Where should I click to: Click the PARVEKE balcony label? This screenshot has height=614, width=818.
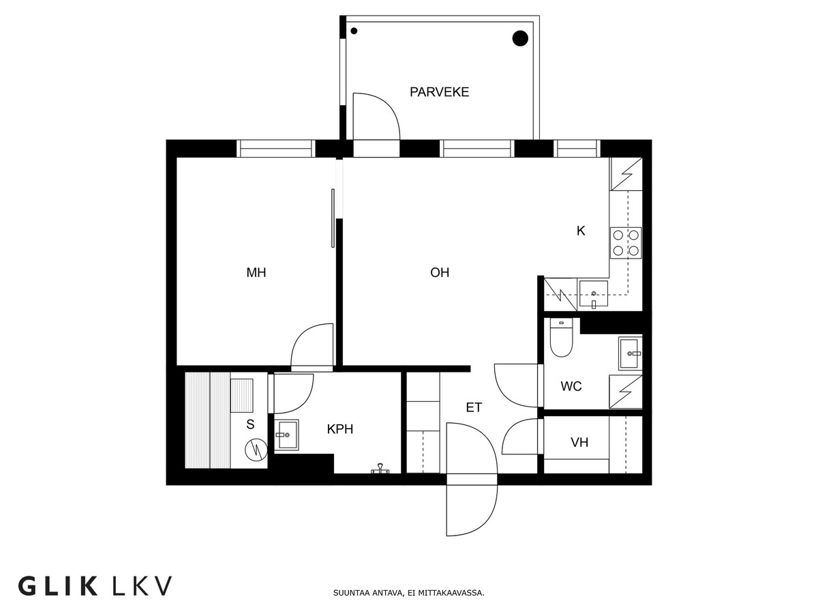[x=439, y=92]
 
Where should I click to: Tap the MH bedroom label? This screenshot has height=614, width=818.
[x=256, y=273]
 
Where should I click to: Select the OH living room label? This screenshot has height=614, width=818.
[x=440, y=273]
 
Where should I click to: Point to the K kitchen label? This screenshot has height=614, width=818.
[x=581, y=231]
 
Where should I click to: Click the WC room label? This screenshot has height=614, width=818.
[x=571, y=387]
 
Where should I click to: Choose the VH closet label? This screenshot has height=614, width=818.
[x=579, y=443]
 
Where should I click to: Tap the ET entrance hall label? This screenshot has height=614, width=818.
[x=474, y=408]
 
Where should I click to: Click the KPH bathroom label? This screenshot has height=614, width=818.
[x=340, y=430]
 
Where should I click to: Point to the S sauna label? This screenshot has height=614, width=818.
[x=250, y=424]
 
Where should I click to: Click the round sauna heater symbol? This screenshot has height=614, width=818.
[x=256, y=450]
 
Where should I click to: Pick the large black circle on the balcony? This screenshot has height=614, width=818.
[x=520, y=39]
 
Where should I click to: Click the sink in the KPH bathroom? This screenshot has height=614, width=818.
[x=286, y=433]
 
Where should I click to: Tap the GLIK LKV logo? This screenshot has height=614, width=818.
[x=95, y=585]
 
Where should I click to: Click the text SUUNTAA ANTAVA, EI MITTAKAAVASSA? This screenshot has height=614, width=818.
[x=409, y=594]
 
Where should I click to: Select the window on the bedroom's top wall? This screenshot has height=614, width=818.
[x=275, y=148]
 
